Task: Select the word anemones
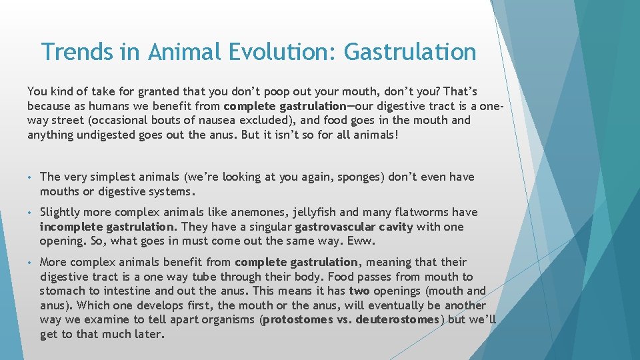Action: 257,213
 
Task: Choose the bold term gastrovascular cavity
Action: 354,227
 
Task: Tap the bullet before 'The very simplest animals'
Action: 31,177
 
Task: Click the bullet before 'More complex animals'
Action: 31,263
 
